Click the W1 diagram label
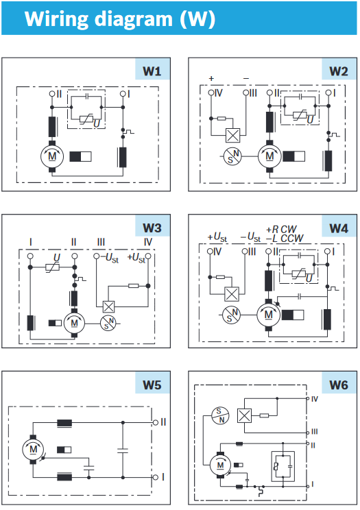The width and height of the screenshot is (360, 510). [x=152, y=71]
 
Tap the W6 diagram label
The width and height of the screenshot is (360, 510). [x=339, y=385]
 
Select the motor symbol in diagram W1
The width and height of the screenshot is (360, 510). [x=52, y=156]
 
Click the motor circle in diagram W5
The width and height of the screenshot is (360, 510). [x=33, y=449]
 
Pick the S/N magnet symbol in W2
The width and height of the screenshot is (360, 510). [x=232, y=156]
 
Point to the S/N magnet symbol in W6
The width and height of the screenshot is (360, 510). [x=220, y=415]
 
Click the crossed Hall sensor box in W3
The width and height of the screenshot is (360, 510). [x=109, y=306]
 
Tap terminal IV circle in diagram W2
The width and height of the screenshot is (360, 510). [x=211, y=93]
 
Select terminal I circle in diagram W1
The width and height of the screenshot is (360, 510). [x=123, y=94]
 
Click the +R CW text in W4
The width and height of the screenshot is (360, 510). [x=282, y=230]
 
